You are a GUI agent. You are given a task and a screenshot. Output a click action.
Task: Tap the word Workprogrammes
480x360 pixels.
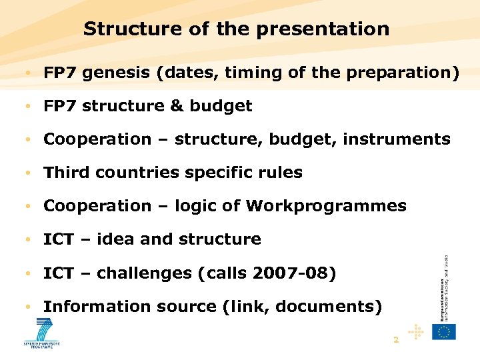[x=326, y=207]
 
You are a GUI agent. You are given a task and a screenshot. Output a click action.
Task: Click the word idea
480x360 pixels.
[x=115, y=240]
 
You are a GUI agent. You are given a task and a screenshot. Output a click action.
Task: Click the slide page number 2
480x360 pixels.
[x=396, y=340]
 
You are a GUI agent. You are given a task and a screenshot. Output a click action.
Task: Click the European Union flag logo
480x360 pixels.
[x=444, y=331]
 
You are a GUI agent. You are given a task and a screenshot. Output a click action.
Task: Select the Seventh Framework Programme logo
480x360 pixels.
[x=42, y=333]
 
